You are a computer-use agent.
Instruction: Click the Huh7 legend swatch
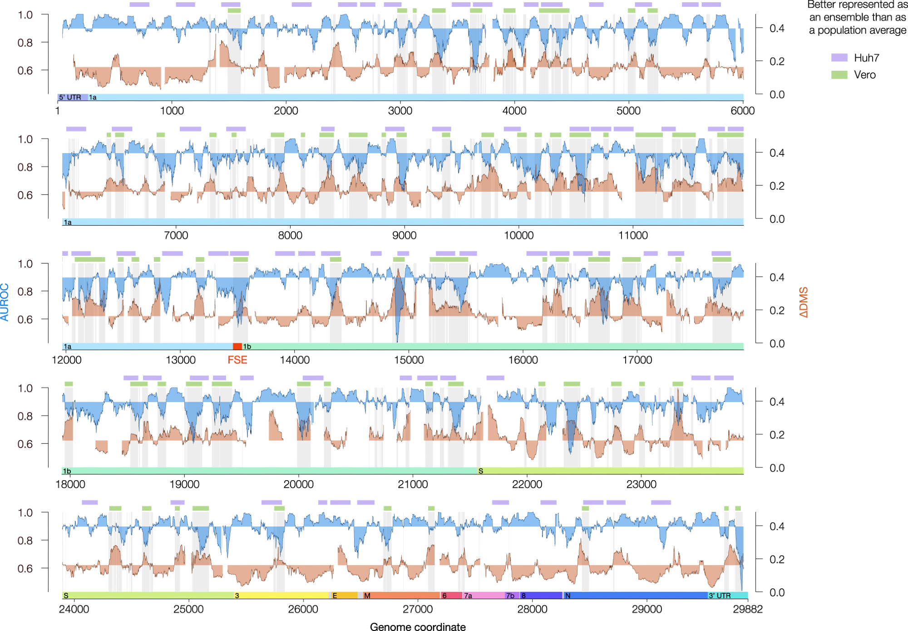pyautogui.click(x=839, y=58)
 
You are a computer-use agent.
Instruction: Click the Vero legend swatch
pyautogui.click(x=839, y=75)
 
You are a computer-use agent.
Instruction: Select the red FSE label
pyautogui.click(x=237, y=360)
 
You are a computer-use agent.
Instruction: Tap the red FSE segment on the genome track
pyautogui.click(x=237, y=347)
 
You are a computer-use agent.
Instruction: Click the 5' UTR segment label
pyautogui.click(x=70, y=97)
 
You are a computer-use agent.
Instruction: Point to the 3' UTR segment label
pyautogui.click(x=720, y=596)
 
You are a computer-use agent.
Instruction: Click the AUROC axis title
pyautogui.click(x=5, y=302)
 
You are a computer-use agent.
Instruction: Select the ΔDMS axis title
pyautogui.click(x=804, y=302)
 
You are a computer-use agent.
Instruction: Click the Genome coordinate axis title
pyautogui.click(x=418, y=627)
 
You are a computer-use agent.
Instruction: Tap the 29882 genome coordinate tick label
pyautogui.click(x=748, y=609)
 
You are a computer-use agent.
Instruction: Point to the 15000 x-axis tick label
pyautogui.click(x=409, y=360)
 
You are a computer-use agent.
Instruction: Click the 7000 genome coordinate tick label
pyautogui.click(x=176, y=235)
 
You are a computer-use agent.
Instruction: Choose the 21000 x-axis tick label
pyautogui.click(x=413, y=484)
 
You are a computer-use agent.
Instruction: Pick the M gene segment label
pyautogui.click(x=367, y=596)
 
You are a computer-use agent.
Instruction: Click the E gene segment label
pyautogui.click(x=335, y=596)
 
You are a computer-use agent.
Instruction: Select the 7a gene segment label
pyautogui.click(x=468, y=596)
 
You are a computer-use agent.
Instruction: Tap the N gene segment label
pyautogui.click(x=567, y=596)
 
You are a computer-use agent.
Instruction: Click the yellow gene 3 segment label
pyautogui.click(x=237, y=596)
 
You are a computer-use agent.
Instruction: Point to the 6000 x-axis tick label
pyautogui.click(x=742, y=111)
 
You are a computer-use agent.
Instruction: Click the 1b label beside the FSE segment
pyautogui.click(x=247, y=347)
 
